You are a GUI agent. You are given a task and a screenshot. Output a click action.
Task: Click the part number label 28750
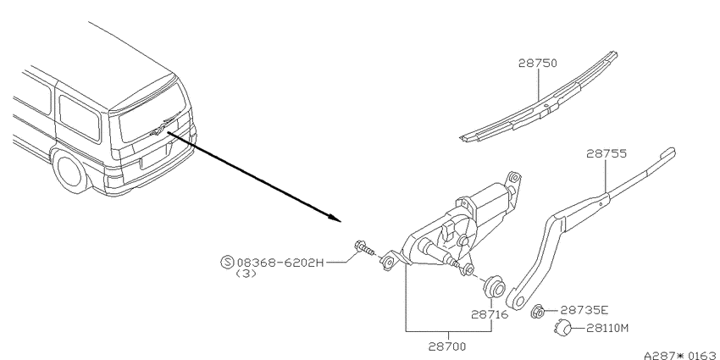(x=537, y=63)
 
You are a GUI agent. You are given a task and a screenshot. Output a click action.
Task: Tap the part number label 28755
(x=606, y=153)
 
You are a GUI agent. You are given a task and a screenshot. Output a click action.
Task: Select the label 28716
(x=490, y=315)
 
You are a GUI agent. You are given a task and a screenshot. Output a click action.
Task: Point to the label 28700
(x=447, y=346)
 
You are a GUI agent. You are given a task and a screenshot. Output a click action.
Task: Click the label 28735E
(x=584, y=311)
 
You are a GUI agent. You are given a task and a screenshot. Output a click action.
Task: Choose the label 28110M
(x=607, y=329)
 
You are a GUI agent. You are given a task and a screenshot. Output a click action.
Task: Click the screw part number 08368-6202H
(x=280, y=263)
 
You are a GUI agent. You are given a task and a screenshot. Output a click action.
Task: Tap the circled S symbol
(x=227, y=263)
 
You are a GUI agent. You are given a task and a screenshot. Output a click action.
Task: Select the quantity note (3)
(x=246, y=274)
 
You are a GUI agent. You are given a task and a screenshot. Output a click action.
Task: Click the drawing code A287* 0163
(x=681, y=355)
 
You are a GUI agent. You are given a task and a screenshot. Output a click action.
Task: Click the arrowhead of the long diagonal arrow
(x=336, y=218)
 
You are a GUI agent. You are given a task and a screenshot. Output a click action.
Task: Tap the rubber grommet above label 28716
(x=494, y=287)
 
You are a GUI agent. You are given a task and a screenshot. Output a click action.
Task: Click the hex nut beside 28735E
(x=539, y=311)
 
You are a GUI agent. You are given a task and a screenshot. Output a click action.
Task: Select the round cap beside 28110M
(x=563, y=328)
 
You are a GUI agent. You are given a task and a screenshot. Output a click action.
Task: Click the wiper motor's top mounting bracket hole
(x=514, y=178)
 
